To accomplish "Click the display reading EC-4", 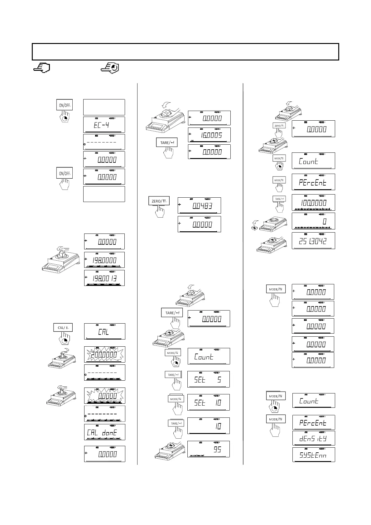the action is tap(104, 125).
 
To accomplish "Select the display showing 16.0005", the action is tap(209, 135).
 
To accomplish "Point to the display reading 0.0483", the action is tap(199, 205).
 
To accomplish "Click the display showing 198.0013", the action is tap(104, 278).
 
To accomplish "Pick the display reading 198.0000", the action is tap(104, 260).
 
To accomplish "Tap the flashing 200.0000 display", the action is tap(104, 354).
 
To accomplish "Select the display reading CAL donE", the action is tap(104, 432).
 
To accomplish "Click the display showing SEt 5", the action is tap(209, 379).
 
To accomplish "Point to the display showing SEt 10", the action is tap(209, 402).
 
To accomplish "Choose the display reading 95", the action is tap(209, 449).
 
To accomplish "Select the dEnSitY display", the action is tap(313, 438).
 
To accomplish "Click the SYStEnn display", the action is tap(313, 455).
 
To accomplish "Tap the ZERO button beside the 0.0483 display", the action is tap(159, 201).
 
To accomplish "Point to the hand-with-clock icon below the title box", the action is tap(111, 68).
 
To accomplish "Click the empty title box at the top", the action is tap(185, 52).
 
